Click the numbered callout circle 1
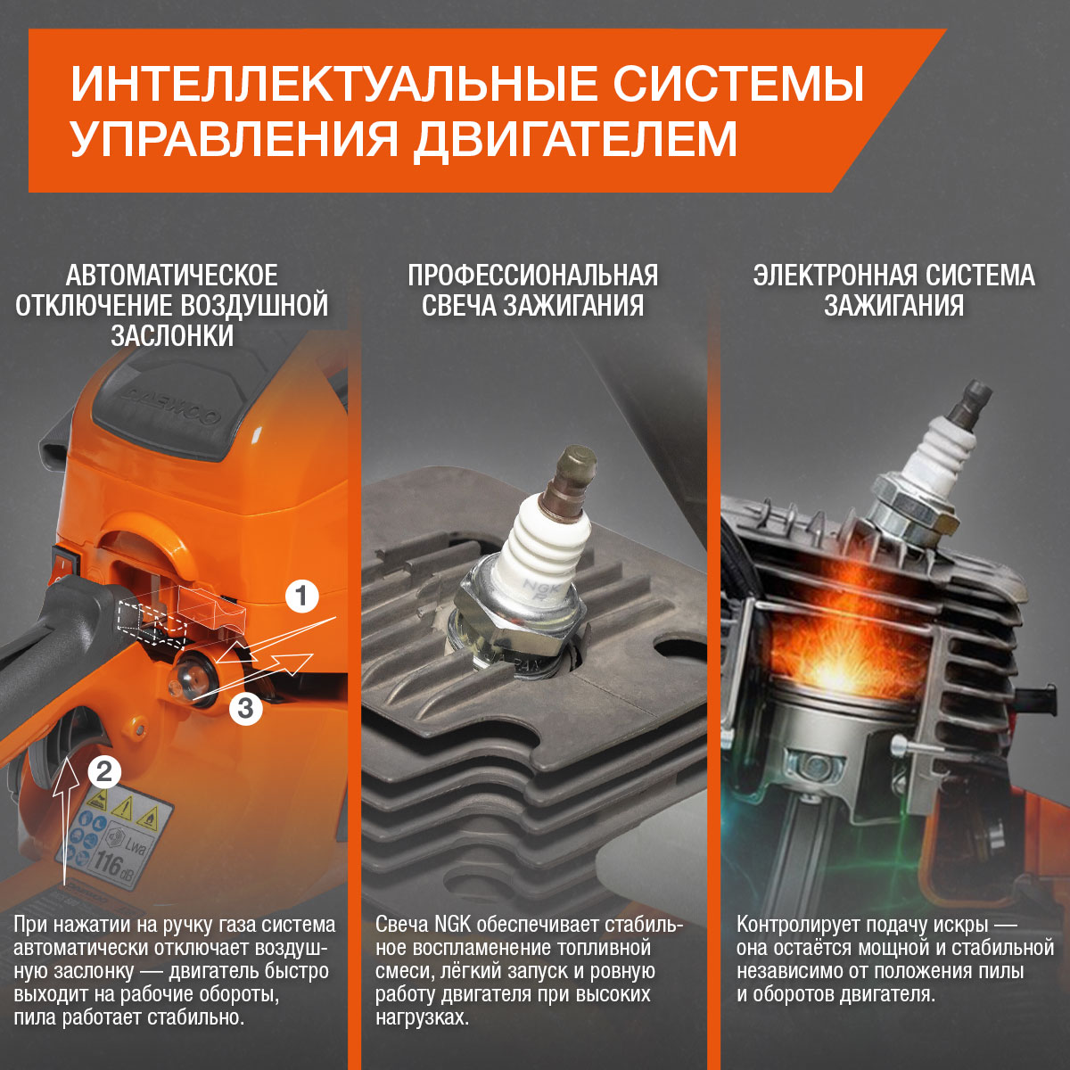click(302, 597)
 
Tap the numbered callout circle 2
click(104, 771)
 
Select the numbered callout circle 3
click(245, 708)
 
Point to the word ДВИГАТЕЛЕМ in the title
click(575, 138)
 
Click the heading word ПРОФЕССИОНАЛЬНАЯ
click(533, 276)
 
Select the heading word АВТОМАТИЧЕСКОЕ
click(171, 276)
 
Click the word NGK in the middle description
click(453, 925)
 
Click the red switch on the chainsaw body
click(67, 561)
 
